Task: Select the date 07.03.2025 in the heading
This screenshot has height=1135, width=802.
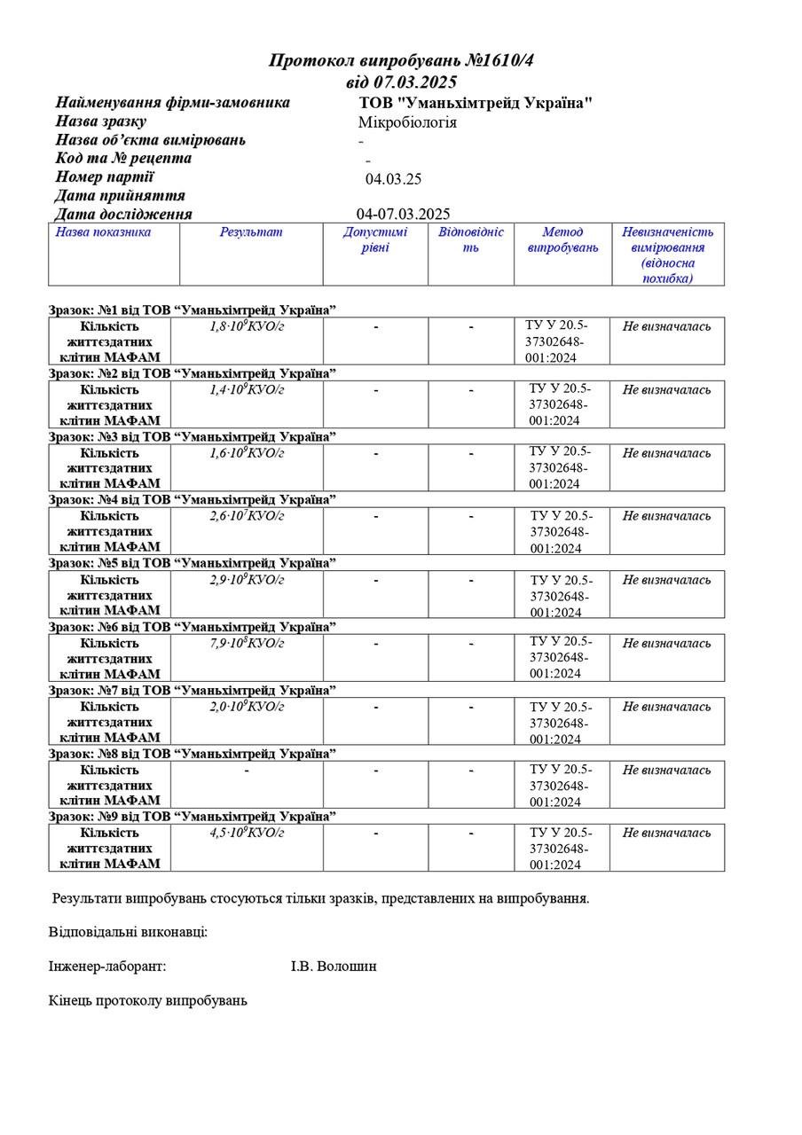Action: point(412,82)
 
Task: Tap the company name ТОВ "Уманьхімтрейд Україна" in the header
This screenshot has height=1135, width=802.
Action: point(476,103)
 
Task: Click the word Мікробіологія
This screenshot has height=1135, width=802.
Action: point(407,122)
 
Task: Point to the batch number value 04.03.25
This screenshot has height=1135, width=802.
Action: point(393,179)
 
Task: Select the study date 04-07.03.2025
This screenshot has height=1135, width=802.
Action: point(403,214)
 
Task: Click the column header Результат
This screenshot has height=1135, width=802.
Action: point(251,232)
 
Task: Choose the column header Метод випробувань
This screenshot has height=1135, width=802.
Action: point(562,239)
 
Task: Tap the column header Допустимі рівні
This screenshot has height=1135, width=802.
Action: point(375,239)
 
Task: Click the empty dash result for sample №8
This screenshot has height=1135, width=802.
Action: point(247,770)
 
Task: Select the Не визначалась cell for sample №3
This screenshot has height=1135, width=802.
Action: point(666,453)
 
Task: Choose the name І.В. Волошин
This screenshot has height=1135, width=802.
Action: point(334,967)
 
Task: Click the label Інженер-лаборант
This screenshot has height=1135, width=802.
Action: point(107,967)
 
